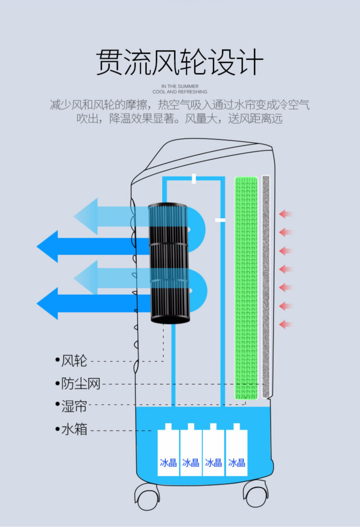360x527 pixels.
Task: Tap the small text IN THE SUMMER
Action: click(x=180, y=86)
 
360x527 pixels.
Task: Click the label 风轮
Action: click(x=74, y=361)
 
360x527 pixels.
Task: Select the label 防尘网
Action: click(x=81, y=384)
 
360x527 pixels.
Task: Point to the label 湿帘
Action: click(x=74, y=405)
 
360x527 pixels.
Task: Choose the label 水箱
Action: click(x=74, y=429)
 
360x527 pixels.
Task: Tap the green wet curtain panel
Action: click(x=246, y=287)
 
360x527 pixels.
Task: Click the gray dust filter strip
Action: click(x=266, y=287)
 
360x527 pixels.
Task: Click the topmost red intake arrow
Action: click(x=285, y=214)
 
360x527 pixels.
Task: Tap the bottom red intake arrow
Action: click(x=285, y=325)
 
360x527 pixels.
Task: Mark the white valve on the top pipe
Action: click(x=194, y=179)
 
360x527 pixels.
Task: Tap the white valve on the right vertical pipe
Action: click(x=220, y=220)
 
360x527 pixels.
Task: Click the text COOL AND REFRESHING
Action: click(x=180, y=92)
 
